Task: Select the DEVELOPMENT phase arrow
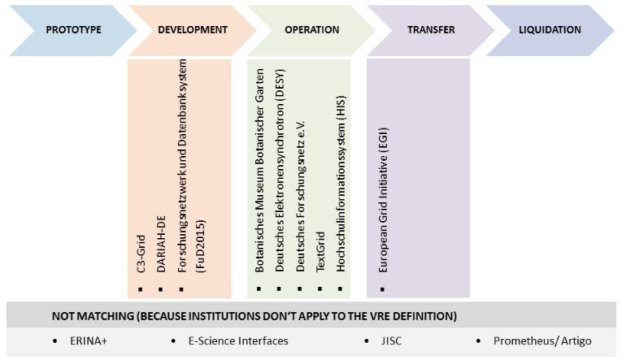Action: tap(192, 30)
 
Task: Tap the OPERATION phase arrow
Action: tap(311, 30)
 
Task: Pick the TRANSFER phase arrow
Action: tap(430, 30)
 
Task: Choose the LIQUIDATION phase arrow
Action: tap(550, 30)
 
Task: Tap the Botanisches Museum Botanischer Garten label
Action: tap(260, 178)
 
